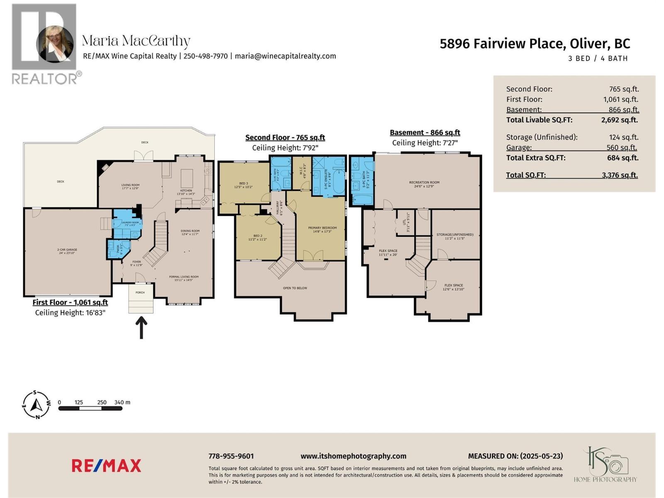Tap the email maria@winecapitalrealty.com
[285, 56]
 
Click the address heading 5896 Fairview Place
[535, 44]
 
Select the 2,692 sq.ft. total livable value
[619, 120]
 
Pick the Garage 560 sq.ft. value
[621, 147]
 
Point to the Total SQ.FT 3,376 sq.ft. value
[620, 175]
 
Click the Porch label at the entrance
[140, 293]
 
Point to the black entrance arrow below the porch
[141, 327]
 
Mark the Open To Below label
[295, 288]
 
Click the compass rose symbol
[36, 404]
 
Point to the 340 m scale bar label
[122, 402]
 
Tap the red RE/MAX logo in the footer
[106, 466]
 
